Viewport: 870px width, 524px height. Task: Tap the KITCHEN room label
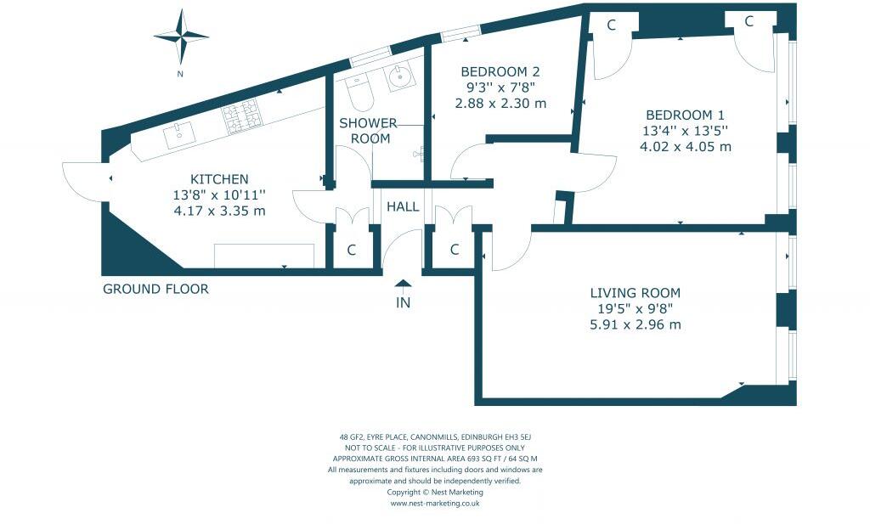219,179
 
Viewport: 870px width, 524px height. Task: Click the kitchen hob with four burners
240,117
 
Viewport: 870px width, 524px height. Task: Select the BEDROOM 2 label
500,72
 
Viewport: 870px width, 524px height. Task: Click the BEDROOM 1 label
686,116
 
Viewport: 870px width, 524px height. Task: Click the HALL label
403,206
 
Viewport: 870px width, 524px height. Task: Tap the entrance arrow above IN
403,285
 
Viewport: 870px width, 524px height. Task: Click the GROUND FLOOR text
155,289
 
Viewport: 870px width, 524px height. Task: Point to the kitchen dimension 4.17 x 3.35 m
219,211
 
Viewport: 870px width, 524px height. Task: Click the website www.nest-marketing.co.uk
435,503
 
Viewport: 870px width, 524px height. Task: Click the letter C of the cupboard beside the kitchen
351,250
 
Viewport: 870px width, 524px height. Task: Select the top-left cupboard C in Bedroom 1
611,25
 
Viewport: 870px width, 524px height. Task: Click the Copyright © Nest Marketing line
435,492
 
